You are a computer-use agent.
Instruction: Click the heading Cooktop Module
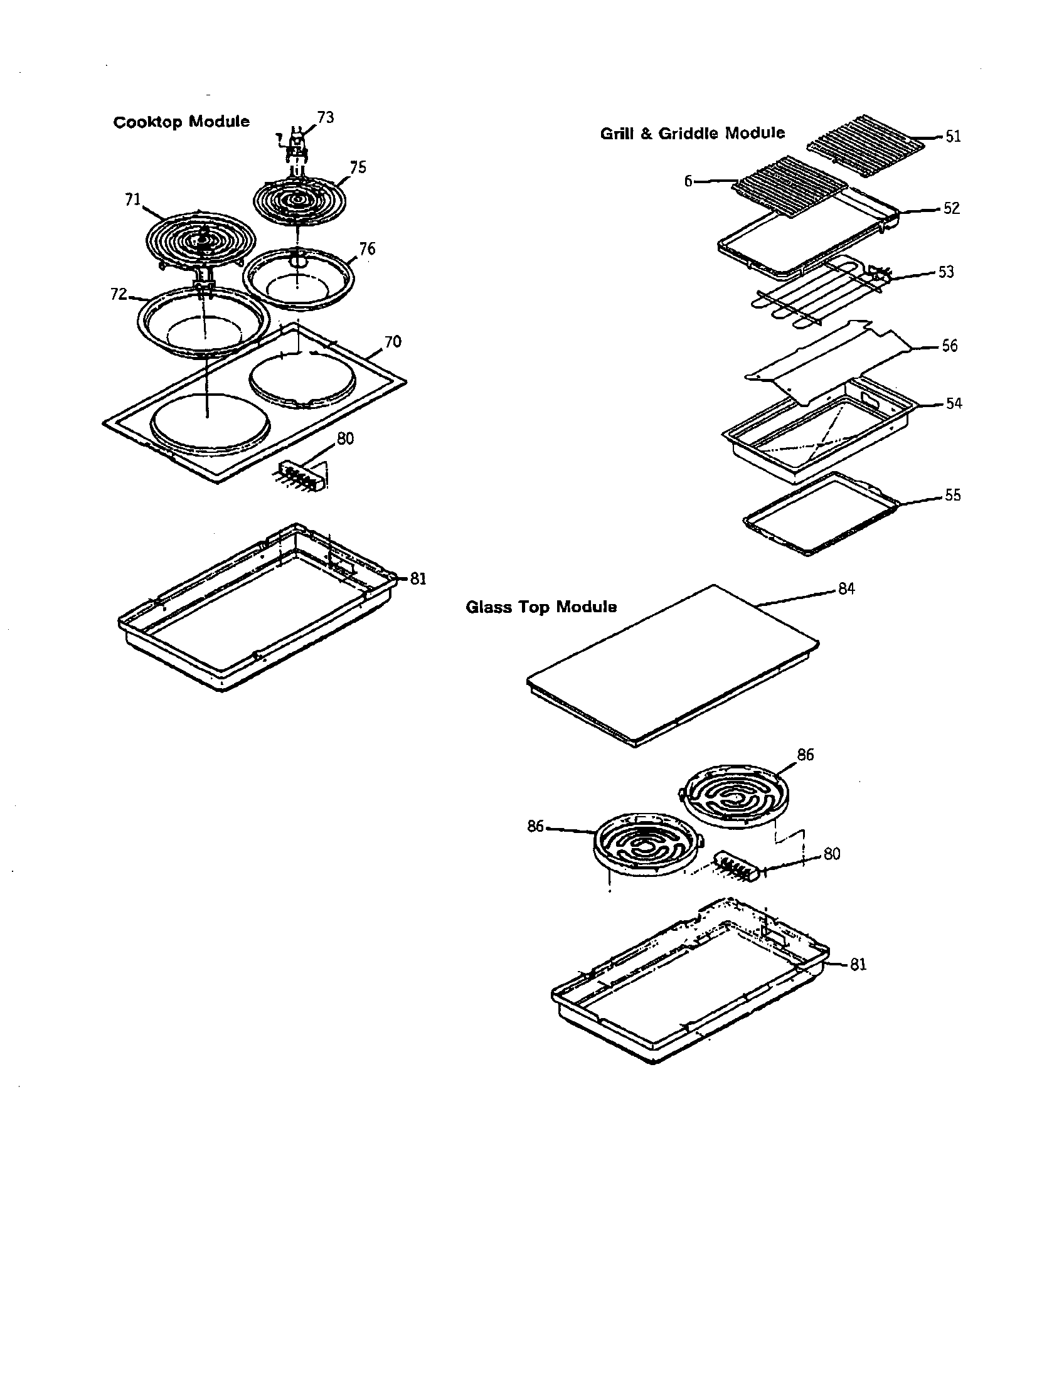[x=181, y=122]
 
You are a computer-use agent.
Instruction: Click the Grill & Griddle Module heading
[x=692, y=134]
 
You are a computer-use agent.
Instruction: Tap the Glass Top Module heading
[x=541, y=607]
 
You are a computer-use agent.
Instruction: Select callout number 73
[x=326, y=117]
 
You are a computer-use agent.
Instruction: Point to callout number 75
[x=358, y=167]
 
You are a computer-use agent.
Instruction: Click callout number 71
[x=132, y=199]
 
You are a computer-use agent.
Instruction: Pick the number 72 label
[x=119, y=294]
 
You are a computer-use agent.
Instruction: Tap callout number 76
[x=367, y=249]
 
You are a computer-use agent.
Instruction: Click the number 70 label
[x=392, y=342]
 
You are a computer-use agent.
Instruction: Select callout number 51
[x=953, y=137]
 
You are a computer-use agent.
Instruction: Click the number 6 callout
[x=688, y=181]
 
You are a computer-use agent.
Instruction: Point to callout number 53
[x=945, y=272]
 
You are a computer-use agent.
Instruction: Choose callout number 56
[x=949, y=346]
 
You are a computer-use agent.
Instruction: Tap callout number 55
[x=952, y=496]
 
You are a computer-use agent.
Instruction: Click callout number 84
[x=846, y=589]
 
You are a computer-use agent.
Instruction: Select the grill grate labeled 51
[x=866, y=135]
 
